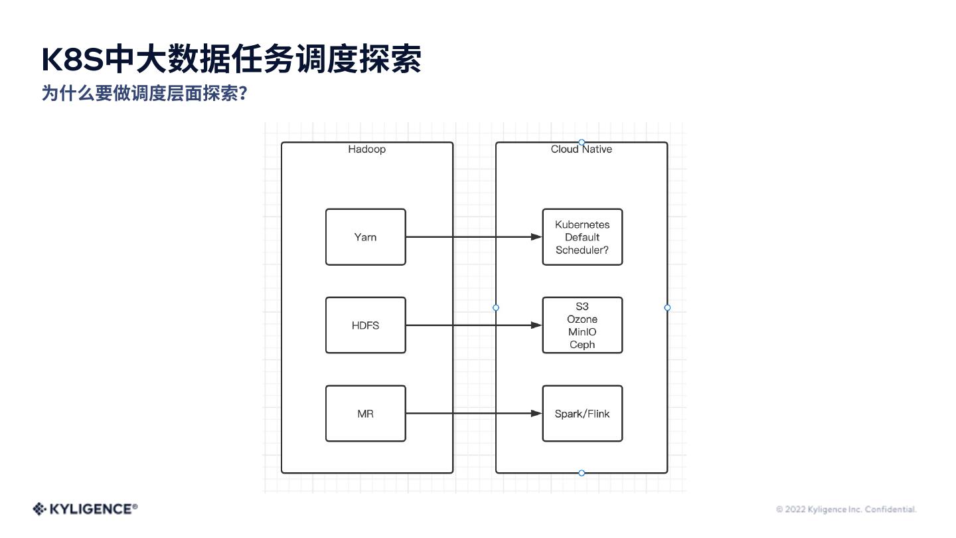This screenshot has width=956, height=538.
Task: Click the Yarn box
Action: pos(365,237)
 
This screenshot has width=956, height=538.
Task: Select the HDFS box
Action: pos(365,325)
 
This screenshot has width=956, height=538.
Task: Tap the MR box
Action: pos(365,414)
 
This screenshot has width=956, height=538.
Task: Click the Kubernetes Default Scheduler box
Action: pos(582,237)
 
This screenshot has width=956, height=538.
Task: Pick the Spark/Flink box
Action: pos(582,414)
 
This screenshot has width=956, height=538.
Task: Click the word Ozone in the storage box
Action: pos(582,319)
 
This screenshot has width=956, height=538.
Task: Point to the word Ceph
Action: pos(582,345)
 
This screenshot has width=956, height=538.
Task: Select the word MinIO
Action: pos(582,332)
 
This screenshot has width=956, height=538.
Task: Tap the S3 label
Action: pos(582,307)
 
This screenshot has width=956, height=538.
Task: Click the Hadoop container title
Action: pos(367,149)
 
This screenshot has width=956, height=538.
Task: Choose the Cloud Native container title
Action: pos(582,149)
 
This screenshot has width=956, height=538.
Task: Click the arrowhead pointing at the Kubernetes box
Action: pos(536,237)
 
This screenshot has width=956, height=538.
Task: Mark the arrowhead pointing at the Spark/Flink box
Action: pos(536,414)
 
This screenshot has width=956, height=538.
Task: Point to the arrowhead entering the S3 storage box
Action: pos(536,325)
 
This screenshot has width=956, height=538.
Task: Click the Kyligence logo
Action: pos(85,509)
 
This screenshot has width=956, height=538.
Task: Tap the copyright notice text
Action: pos(846,509)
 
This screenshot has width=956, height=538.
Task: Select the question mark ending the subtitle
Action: pos(243,94)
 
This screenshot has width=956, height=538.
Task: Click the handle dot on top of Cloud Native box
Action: pos(582,142)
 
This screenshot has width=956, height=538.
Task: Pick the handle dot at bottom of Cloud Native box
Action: pos(582,473)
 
